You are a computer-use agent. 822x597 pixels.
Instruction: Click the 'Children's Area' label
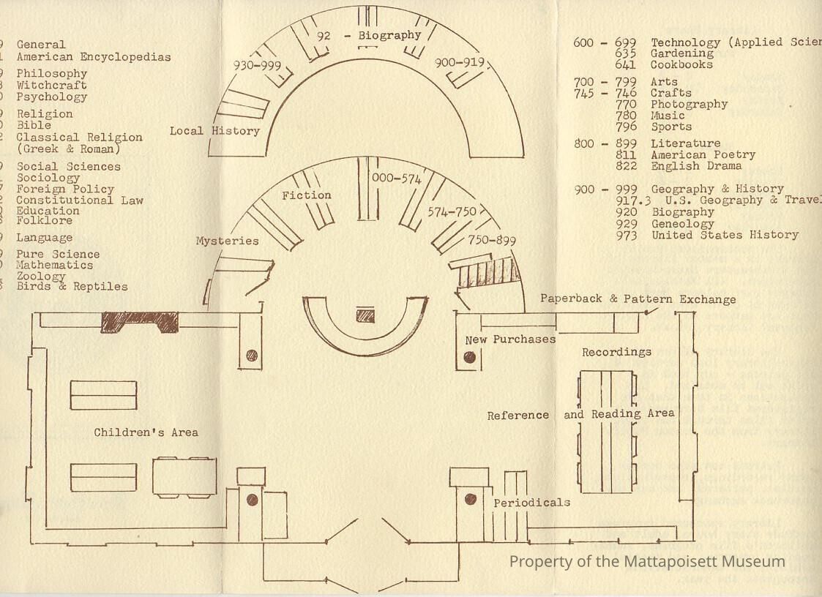coord(146,432)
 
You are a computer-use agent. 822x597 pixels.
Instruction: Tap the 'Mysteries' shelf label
coord(227,241)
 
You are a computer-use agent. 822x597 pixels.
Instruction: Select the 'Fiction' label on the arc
coord(307,195)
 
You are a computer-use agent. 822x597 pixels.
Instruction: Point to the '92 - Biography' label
coord(369,35)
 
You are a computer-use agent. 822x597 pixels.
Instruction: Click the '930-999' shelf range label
coord(257,65)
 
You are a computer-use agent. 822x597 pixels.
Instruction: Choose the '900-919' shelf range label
coord(460,63)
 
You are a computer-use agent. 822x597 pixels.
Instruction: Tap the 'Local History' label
coord(214,131)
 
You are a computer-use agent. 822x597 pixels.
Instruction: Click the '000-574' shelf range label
coord(397,179)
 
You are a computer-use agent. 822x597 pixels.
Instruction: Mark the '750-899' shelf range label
coord(492,241)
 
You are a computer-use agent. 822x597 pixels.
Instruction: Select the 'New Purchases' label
coord(510,339)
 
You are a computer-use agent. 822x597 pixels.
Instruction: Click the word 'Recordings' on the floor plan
coord(616,352)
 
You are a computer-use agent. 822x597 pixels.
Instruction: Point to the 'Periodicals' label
coord(531,503)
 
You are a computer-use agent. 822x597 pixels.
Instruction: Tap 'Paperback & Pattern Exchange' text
coord(638,299)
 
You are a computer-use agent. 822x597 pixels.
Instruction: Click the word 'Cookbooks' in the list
coord(681,64)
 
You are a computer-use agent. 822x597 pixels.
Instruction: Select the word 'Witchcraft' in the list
coord(51,85)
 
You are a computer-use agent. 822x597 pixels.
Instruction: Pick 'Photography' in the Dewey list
coord(689,104)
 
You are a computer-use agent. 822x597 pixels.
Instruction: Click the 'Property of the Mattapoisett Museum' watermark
coord(647,562)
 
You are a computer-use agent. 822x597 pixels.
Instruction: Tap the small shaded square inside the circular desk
coord(365,315)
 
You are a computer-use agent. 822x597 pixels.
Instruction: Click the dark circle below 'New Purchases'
coord(469,358)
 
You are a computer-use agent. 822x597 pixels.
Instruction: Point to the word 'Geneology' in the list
coord(682,224)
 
